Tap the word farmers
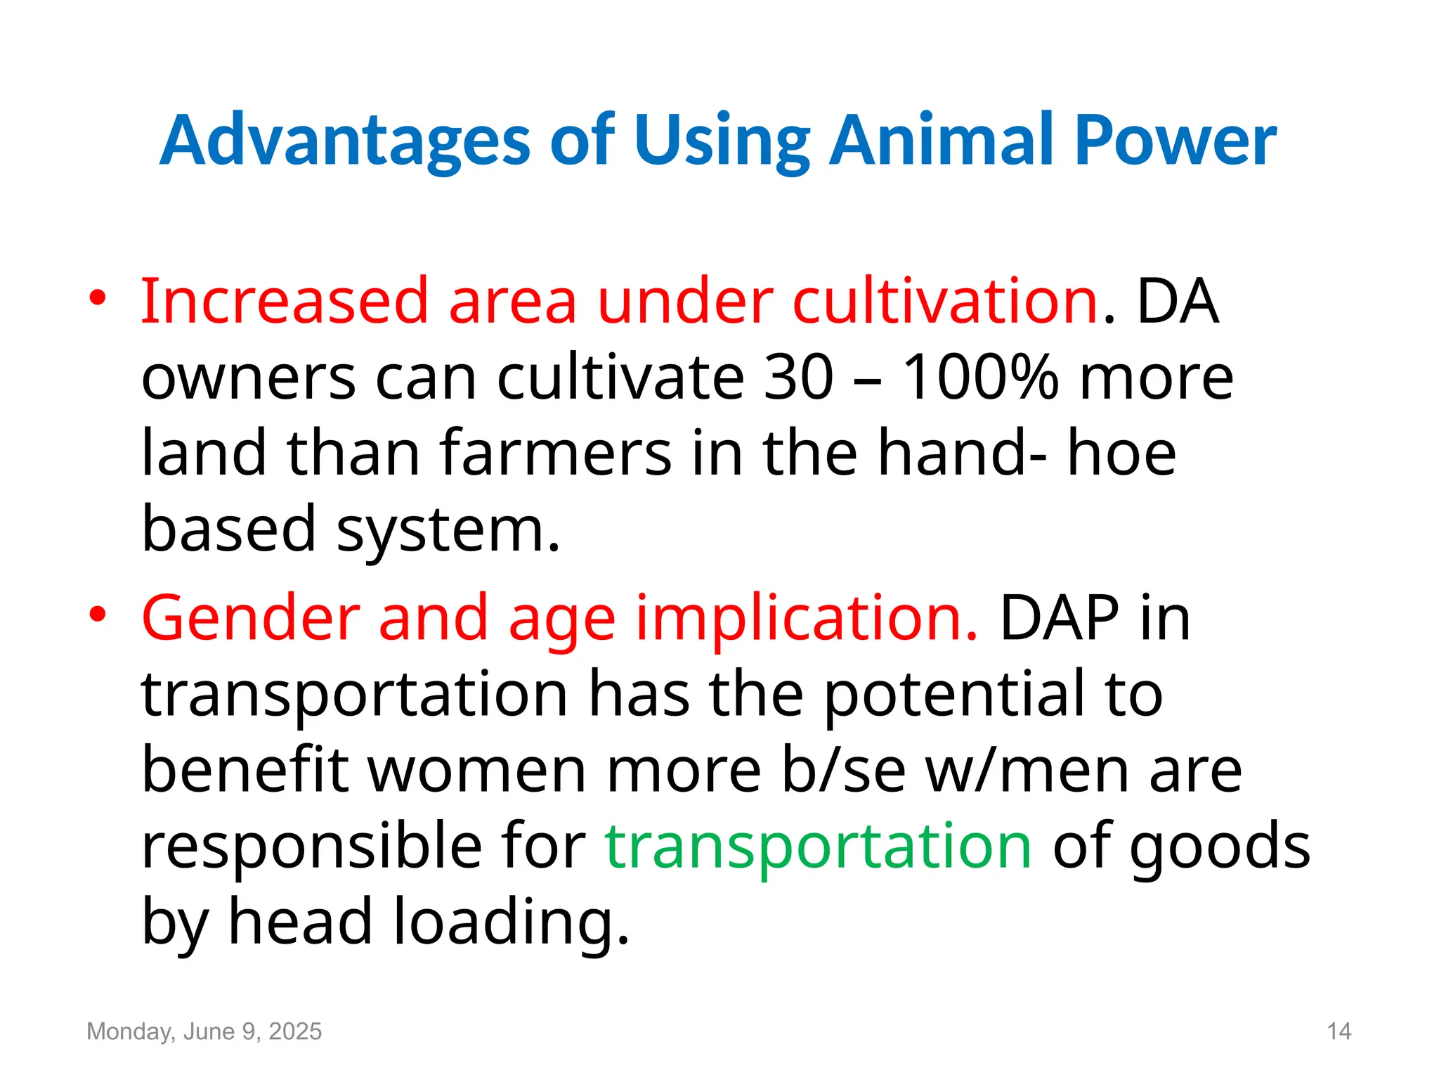tap(556, 453)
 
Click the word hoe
tap(1121, 453)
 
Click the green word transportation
tap(818, 845)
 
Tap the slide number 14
tap(1339, 1031)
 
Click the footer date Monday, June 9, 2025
tap(204, 1031)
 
